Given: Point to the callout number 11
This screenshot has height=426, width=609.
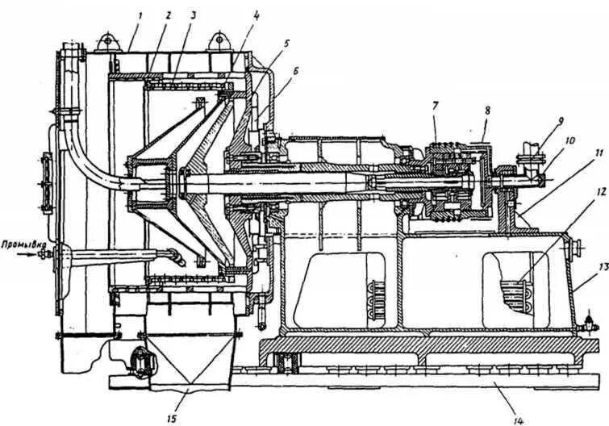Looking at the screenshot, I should click(x=576, y=153).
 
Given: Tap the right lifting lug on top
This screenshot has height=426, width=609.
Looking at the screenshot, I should click(x=219, y=38).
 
